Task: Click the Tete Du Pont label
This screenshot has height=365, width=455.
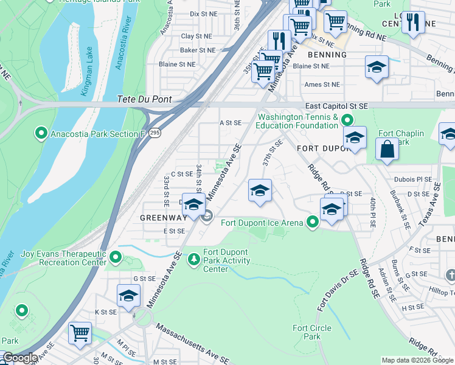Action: [145, 99]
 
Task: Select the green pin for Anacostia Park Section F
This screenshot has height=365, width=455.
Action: [41, 132]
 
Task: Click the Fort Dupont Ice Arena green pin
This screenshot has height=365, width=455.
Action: [313, 222]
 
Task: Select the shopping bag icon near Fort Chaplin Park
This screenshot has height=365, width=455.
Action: [387, 149]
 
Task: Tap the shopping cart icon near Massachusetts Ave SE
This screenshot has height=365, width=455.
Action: [80, 333]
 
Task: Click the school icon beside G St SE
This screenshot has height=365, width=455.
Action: [128, 296]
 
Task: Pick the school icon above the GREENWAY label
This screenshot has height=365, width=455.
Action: [193, 204]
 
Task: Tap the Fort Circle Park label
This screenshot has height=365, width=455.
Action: [312, 332]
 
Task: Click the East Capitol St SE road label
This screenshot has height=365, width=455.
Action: [336, 105]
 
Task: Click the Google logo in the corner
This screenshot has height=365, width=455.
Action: [20, 358]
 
